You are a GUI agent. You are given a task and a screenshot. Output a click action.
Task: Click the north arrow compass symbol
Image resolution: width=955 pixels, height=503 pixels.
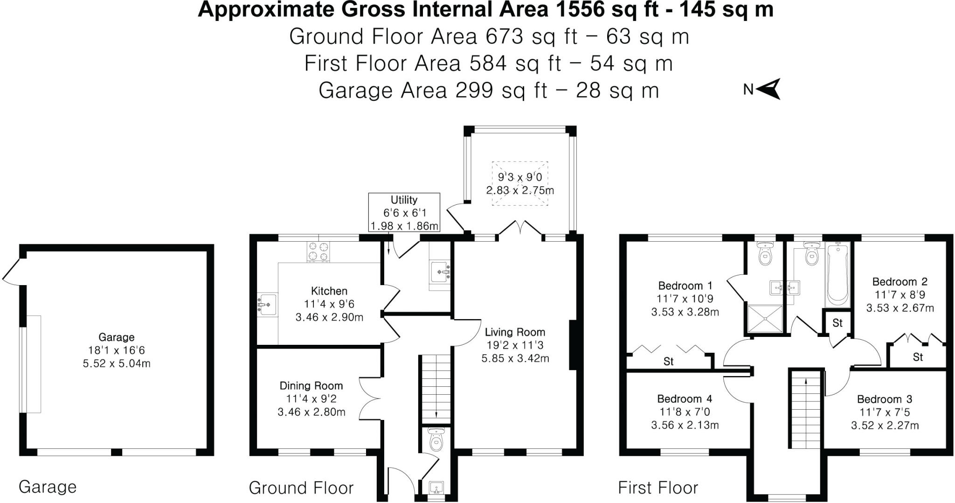click(768, 89)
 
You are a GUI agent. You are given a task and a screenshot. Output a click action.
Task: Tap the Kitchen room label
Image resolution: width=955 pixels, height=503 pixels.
click(329, 291)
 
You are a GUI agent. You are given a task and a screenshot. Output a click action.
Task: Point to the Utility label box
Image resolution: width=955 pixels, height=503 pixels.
click(404, 213)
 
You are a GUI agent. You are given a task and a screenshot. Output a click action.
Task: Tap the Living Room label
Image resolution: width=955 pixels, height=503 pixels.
click(515, 332)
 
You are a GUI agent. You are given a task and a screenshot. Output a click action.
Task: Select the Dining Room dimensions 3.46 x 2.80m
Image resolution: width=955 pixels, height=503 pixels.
click(311, 412)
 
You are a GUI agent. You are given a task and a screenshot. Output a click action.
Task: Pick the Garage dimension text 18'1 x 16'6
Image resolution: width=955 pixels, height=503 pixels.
click(117, 350)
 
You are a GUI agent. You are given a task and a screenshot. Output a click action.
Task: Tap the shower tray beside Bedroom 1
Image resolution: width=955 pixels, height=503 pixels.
click(765, 319)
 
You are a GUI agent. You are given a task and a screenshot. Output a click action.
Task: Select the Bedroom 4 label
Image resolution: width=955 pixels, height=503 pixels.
click(685, 399)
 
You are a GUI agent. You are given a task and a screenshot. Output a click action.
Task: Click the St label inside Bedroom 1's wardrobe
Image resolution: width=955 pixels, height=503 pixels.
click(669, 362)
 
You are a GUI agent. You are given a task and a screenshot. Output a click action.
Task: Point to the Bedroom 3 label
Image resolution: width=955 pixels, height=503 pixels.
click(885, 399)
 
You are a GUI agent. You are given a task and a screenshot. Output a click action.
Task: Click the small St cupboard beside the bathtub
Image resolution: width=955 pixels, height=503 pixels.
click(837, 323)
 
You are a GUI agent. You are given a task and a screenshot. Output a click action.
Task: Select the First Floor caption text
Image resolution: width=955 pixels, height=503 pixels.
click(658, 488)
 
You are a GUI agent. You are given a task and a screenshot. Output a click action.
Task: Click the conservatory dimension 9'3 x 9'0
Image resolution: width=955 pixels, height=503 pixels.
click(520, 177)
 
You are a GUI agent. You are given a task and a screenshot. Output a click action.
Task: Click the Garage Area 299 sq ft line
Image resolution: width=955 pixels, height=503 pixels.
click(488, 91)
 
